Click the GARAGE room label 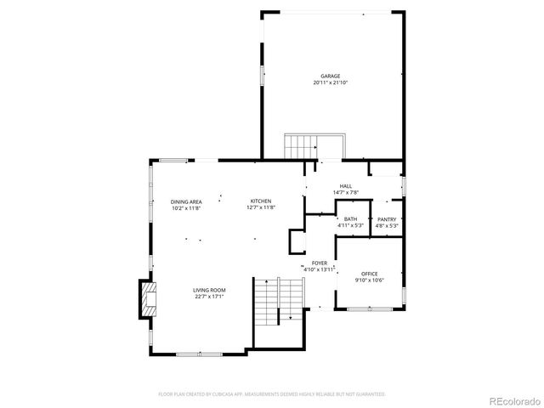point(331,76)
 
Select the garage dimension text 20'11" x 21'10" point(331,82)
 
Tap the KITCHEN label point(260,201)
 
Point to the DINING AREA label point(186,201)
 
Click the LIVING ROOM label point(208,291)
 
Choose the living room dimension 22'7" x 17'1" point(208,297)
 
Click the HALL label point(346,186)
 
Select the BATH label point(350,219)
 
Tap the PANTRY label point(388,219)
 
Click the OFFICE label point(370,274)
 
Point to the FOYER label point(320,263)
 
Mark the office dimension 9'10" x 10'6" point(370,280)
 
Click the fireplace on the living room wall point(148,299)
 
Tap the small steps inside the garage point(300,146)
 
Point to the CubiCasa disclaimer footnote point(272,394)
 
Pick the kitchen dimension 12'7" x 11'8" point(260,208)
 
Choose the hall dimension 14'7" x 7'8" point(346,193)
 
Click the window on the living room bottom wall point(200,353)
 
